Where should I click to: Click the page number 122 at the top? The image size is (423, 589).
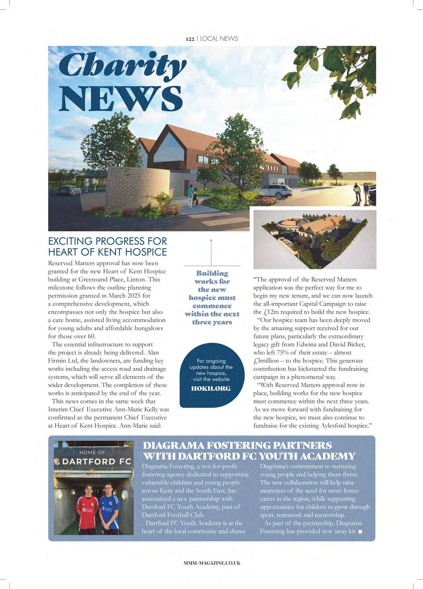[x=190, y=39]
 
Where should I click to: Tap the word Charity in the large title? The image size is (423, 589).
[x=122, y=65]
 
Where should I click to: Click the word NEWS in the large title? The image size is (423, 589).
[x=120, y=98]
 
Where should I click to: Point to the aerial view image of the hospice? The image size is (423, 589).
[x=315, y=239]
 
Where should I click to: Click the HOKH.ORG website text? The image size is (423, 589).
[x=211, y=389]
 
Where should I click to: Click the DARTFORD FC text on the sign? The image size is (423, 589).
[x=97, y=462]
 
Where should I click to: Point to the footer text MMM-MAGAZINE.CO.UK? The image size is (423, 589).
[x=212, y=563]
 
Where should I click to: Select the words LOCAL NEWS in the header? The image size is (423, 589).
[x=219, y=39]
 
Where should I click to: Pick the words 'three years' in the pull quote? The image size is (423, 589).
[x=212, y=322]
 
